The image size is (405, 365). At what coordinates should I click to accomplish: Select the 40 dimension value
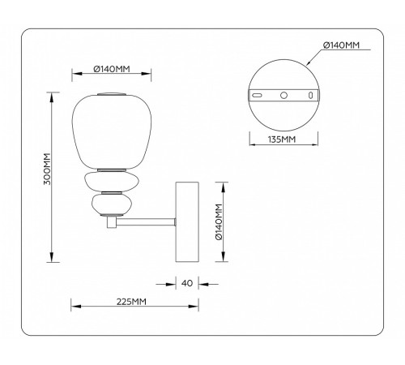[x=186, y=283]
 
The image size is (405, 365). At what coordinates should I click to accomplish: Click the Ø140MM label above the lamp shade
[x=111, y=68]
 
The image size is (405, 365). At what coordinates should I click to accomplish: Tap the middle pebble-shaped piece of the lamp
[x=111, y=180]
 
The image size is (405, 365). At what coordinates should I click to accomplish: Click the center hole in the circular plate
[x=283, y=95]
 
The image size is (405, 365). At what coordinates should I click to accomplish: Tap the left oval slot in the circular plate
[x=258, y=95]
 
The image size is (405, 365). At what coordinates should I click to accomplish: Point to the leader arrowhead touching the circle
[x=308, y=64]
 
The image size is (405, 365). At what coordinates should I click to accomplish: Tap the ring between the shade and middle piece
[x=111, y=169]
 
